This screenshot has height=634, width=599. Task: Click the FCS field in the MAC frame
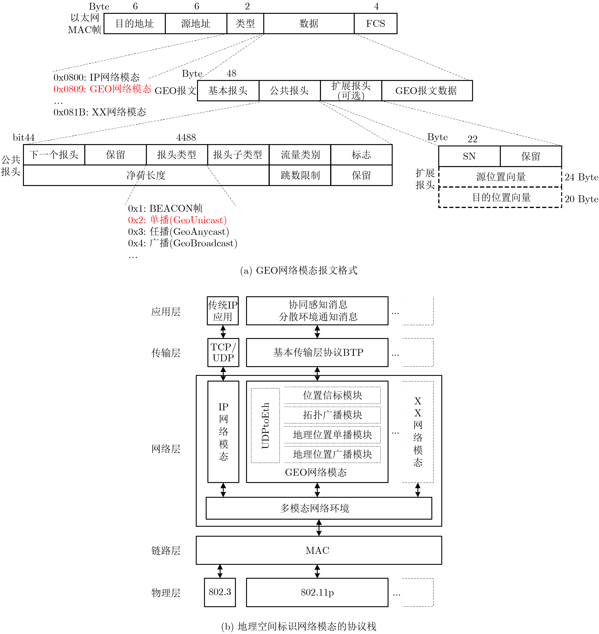[x=375, y=24]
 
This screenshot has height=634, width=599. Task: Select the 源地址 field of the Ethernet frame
[x=196, y=24]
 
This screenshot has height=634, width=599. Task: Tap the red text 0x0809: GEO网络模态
[x=102, y=89]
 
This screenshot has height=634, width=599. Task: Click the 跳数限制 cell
[x=300, y=175]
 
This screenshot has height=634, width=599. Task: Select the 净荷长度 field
[x=146, y=175]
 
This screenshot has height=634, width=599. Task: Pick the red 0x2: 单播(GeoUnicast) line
[x=177, y=220]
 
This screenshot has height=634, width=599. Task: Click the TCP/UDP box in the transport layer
[x=223, y=352]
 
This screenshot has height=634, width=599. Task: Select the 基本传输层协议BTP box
[x=317, y=352]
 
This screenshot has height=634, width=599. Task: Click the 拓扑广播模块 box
[x=332, y=415]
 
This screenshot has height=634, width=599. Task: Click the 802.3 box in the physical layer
[x=220, y=592]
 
